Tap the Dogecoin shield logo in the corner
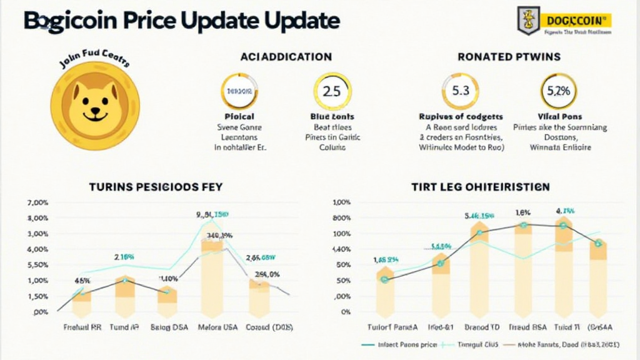[529, 21]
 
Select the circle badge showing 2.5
[332, 91]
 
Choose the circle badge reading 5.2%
[558, 91]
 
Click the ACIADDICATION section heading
[286, 57]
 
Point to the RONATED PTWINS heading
[509, 57]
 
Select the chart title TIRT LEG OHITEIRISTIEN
[481, 186]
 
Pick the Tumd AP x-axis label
[125, 327]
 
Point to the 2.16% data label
[124, 257]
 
